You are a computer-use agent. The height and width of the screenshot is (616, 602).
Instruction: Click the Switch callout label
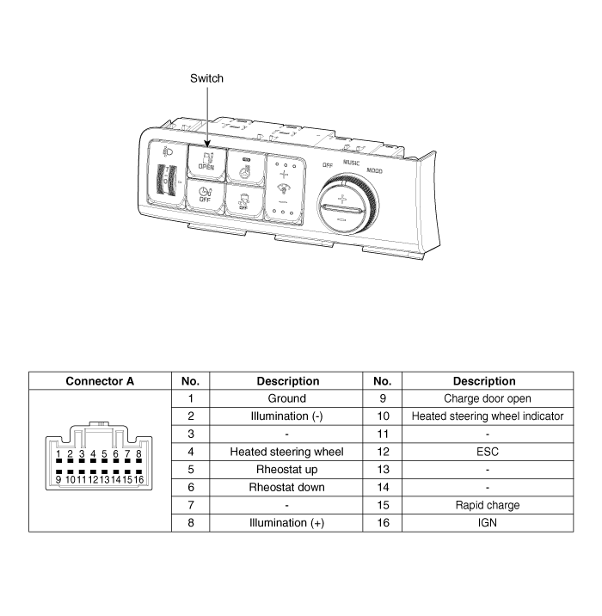click(x=206, y=78)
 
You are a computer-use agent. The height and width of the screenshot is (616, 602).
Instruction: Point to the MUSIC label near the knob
click(x=351, y=162)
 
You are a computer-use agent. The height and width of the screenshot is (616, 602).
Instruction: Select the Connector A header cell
click(x=100, y=381)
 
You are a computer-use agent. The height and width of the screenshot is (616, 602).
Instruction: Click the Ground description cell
click(x=287, y=398)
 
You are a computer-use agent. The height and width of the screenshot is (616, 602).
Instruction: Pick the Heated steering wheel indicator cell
click(x=488, y=416)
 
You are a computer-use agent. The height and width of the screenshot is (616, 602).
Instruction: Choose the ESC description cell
click(x=488, y=452)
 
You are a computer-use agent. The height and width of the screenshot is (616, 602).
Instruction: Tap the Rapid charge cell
click(x=488, y=505)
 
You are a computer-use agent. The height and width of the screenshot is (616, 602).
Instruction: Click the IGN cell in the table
click(x=488, y=522)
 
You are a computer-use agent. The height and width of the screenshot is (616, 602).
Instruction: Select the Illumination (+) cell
click(x=287, y=522)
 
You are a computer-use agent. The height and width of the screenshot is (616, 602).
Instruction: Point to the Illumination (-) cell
click(x=287, y=416)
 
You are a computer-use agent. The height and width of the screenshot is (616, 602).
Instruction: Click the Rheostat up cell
click(x=287, y=470)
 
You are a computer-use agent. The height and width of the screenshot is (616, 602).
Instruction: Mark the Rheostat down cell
click(x=287, y=487)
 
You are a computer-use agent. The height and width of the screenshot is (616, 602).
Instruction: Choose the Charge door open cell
click(x=488, y=398)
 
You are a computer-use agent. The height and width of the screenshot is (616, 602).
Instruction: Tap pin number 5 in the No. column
click(x=191, y=470)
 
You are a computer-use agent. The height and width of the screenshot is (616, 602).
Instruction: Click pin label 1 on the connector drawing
click(x=58, y=453)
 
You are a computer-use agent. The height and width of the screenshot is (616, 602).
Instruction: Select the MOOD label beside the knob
click(x=375, y=171)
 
